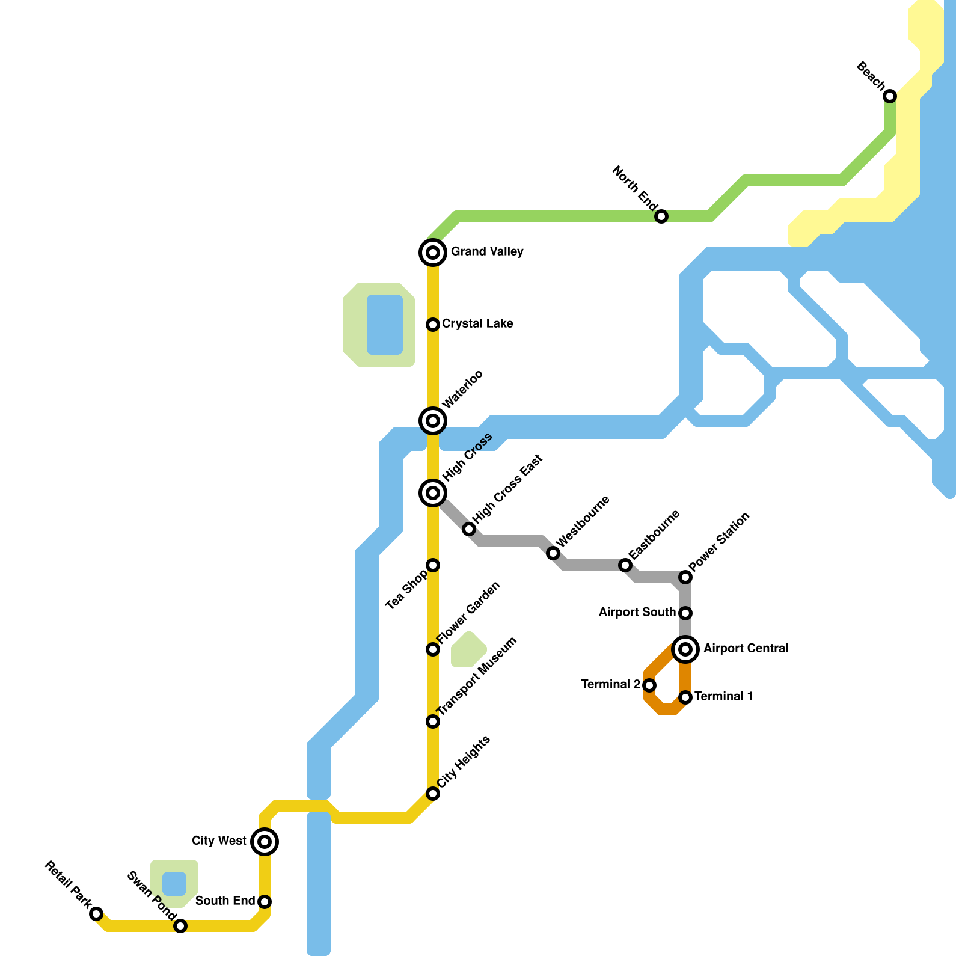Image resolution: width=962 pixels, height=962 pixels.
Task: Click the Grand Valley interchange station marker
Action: tap(433, 253)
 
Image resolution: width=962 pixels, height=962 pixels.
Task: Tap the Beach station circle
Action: tap(890, 96)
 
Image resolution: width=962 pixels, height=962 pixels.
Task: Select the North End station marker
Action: tap(661, 216)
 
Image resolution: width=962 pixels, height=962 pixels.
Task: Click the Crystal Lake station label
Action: tap(477, 324)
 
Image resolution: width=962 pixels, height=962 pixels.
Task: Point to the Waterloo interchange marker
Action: tap(433, 421)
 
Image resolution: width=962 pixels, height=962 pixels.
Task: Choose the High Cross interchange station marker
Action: tap(433, 493)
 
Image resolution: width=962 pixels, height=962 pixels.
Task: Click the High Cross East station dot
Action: tap(469, 529)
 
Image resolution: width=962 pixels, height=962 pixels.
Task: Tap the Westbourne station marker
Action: tap(553, 553)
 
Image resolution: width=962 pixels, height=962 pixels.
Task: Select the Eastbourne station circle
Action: tap(625, 565)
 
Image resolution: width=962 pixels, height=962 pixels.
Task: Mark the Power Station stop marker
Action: tap(685, 577)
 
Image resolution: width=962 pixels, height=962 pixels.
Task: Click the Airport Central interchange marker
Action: tap(685, 649)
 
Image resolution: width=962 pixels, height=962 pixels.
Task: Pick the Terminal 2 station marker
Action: tap(649, 685)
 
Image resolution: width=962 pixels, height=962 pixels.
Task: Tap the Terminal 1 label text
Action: tap(724, 697)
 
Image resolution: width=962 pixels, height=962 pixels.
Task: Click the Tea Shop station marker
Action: tap(433, 565)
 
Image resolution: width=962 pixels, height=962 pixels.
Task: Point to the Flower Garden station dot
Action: tap(433, 649)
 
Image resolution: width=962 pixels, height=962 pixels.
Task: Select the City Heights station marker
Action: tap(433, 794)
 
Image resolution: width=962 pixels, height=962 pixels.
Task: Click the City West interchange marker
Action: tap(265, 842)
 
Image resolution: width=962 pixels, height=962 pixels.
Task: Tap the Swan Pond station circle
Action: tap(180, 926)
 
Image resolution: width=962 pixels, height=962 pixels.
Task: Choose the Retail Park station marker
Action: tap(96, 914)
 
